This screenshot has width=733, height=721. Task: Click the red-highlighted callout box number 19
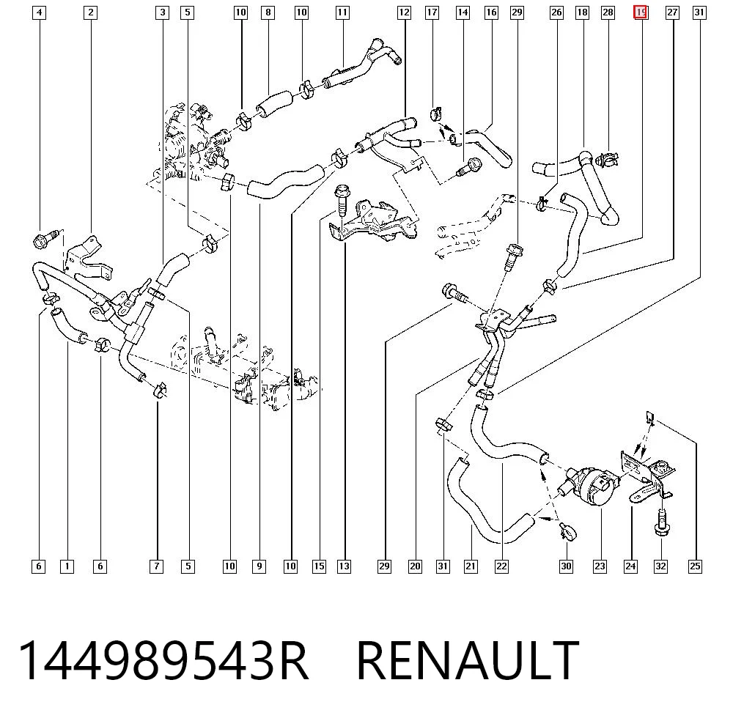click(640, 12)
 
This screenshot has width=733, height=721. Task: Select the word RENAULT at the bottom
click(468, 660)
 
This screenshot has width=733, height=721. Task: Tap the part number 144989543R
click(163, 660)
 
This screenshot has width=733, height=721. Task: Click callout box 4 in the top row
click(40, 12)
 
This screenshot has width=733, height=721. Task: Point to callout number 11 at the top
click(342, 12)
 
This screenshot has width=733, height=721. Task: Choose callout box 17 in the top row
click(432, 12)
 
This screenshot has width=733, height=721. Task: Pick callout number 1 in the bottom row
click(67, 566)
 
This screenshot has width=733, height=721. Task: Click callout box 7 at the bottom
click(156, 566)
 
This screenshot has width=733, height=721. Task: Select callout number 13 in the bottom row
click(344, 566)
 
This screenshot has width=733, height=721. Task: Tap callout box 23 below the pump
click(600, 566)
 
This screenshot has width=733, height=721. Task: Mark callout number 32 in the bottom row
click(660, 566)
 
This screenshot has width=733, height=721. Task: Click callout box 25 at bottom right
click(695, 566)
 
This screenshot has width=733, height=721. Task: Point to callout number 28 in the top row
click(608, 12)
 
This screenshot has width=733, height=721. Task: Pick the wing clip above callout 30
click(567, 530)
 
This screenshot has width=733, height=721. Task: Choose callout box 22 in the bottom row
click(501, 566)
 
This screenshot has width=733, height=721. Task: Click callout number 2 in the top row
click(90, 12)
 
